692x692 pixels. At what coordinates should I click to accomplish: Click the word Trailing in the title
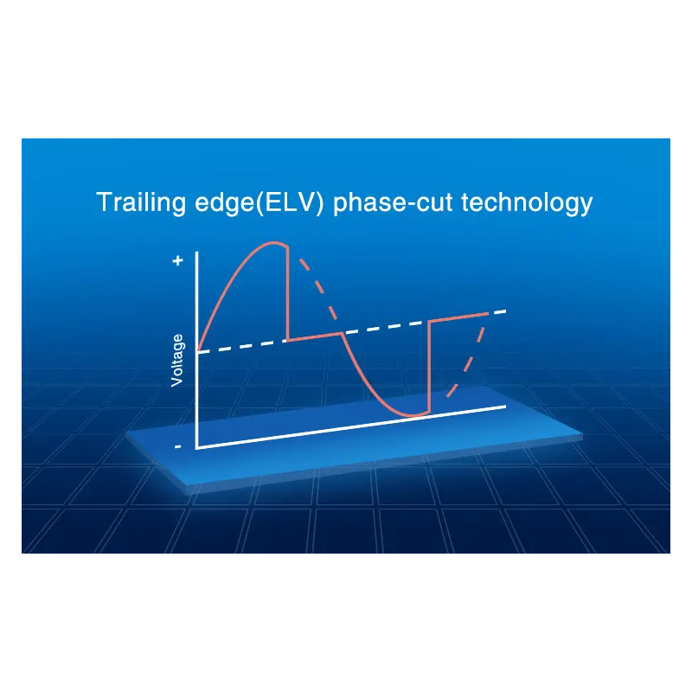(141, 203)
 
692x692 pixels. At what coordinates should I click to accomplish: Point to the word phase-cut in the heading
(394, 203)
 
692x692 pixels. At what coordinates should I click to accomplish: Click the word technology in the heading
(527, 203)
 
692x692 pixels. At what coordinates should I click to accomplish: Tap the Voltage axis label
(177, 361)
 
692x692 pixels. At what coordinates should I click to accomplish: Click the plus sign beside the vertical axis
(177, 260)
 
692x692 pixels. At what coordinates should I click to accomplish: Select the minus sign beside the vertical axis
(177, 446)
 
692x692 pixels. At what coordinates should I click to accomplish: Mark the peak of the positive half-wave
(274, 242)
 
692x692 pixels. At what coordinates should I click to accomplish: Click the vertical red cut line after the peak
(288, 293)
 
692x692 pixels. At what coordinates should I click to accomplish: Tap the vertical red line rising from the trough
(430, 367)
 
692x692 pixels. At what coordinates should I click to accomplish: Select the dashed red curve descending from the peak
(318, 288)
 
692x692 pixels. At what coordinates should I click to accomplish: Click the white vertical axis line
(196, 350)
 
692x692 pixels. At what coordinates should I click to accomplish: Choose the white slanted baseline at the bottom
(351, 427)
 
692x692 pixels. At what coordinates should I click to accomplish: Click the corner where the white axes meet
(197, 448)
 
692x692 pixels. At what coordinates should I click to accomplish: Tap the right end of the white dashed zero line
(506, 311)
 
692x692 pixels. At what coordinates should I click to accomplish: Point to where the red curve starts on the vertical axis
(197, 351)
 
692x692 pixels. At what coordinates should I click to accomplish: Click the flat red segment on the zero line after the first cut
(315, 336)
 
